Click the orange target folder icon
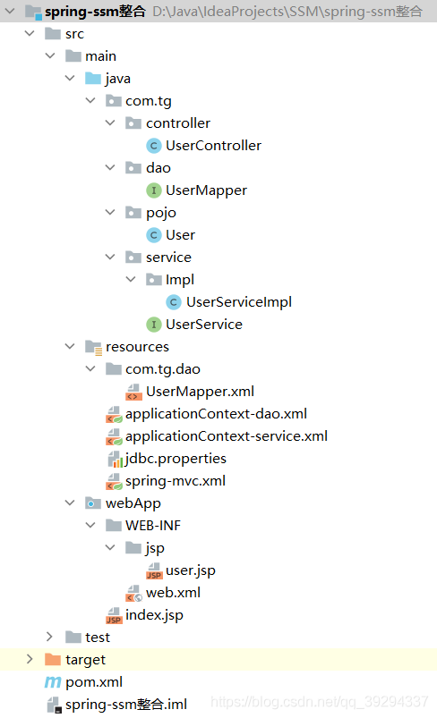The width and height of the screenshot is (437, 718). (53, 659)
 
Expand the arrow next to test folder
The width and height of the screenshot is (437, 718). (49, 637)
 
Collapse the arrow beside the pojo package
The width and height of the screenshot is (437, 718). (110, 213)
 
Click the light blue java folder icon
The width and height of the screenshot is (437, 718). (93, 79)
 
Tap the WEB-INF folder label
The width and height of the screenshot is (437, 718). (153, 526)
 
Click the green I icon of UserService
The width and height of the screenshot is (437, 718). (154, 325)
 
